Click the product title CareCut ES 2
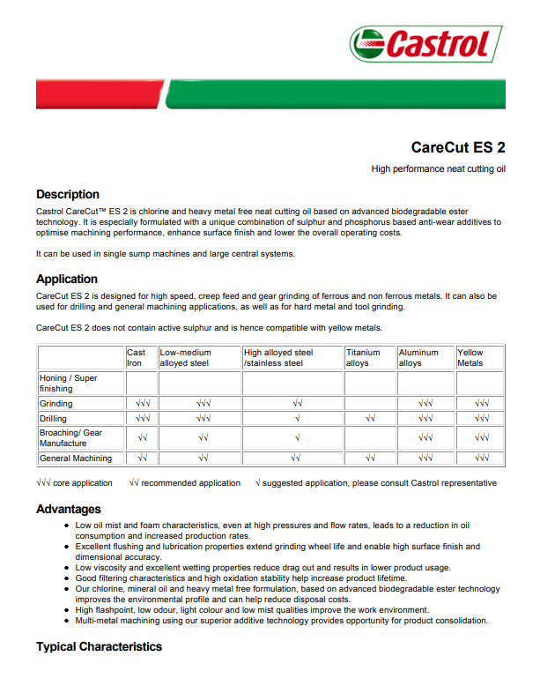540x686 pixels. click(x=458, y=147)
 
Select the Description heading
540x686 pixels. click(x=68, y=194)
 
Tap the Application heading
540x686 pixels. click(x=67, y=279)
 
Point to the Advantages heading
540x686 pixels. click(x=69, y=509)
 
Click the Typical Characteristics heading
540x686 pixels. click(x=99, y=646)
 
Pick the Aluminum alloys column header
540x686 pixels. click(x=418, y=357)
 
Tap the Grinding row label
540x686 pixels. click(x=56, y=403)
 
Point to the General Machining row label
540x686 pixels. click(x=76, y=459)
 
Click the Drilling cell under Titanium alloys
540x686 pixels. click(x=370, y=418)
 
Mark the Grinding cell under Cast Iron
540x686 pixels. click(x=142, y=403)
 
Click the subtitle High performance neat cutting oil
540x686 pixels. click(x=438, y=168)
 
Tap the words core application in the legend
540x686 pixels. click(x=83, y=483)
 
